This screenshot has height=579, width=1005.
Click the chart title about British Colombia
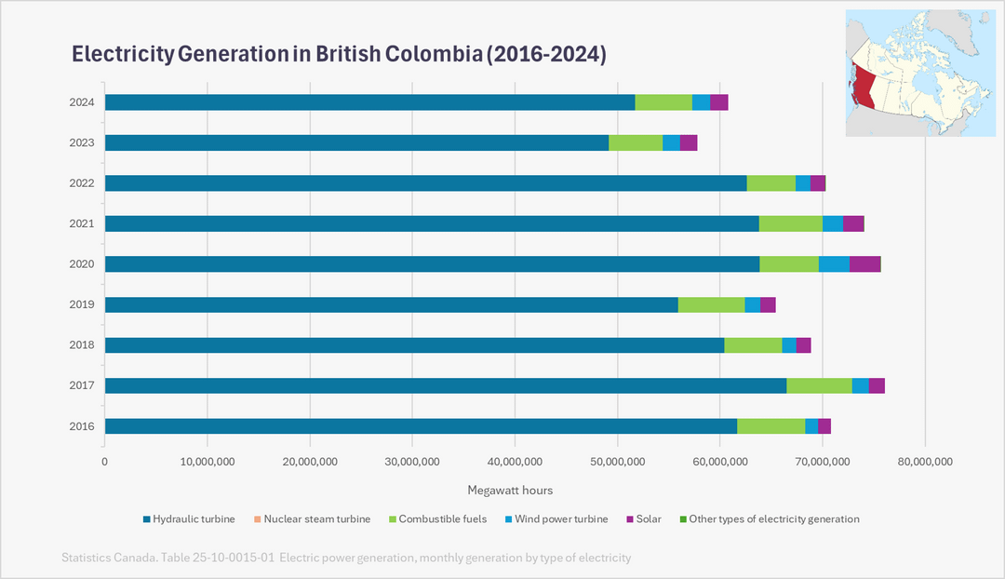339,54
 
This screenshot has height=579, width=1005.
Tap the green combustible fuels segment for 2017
819,385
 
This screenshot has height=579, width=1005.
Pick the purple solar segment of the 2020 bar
864,264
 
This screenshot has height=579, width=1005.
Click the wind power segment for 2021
832,223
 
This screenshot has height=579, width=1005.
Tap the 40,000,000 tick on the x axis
515,461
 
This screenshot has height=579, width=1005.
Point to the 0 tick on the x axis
104,461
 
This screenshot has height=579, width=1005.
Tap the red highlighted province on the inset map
864,88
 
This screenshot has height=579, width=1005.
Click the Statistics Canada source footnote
346,558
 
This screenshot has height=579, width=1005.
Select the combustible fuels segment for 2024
663,102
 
